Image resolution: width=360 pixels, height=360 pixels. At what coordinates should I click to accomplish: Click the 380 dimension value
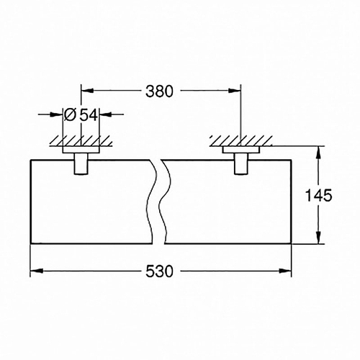click(160, 91)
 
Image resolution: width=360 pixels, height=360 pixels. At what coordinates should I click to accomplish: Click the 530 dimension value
click(160, 272)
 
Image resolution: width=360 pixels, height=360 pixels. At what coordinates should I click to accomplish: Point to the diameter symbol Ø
click(71, 114)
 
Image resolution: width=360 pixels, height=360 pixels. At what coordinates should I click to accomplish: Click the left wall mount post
click(81, 163)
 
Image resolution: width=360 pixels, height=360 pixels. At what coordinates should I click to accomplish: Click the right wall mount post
click(240, 163)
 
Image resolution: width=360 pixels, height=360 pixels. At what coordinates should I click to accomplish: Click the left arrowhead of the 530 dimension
click(34, 271)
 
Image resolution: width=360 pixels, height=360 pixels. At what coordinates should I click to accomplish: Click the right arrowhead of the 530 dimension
click(287, 271)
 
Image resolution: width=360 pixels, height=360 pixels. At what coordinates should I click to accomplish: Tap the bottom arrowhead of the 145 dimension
click(316, 240)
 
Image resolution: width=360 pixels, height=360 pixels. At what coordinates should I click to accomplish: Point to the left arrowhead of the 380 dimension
click(85, 91)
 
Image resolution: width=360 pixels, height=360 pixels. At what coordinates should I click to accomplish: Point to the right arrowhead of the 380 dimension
click(235, 91)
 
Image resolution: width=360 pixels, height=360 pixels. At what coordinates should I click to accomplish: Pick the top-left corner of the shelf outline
click(30, 159)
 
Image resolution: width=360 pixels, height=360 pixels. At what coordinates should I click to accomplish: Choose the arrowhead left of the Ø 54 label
click(57, 114)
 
